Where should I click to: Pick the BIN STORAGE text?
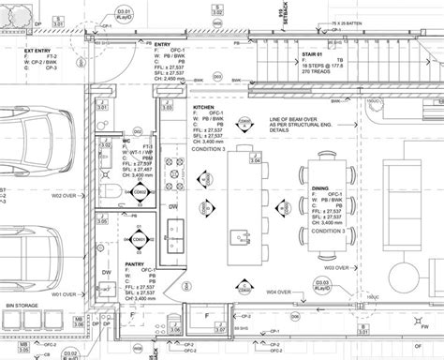coord(22,306)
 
